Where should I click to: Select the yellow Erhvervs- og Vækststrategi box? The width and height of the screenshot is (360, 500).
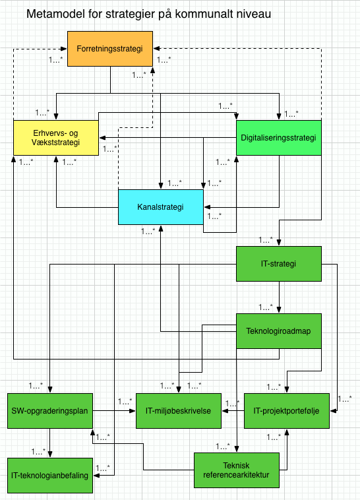56,138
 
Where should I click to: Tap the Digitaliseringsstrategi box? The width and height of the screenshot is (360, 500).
278,138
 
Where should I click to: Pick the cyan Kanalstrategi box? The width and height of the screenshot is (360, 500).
160,206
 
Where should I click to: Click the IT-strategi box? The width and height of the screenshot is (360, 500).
278,265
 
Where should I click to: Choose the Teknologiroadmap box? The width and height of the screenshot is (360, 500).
278,331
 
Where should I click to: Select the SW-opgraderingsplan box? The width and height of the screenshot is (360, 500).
50,410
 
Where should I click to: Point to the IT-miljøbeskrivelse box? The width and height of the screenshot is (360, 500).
178,410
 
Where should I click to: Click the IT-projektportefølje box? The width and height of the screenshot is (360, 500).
285,410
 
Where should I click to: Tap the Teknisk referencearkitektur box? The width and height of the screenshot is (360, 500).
236,470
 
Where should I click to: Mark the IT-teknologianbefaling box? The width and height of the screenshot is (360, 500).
50,474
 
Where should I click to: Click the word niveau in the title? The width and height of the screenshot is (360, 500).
252,14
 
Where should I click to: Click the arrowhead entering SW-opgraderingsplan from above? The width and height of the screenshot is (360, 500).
50,390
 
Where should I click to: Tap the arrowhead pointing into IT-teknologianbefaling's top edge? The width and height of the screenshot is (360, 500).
50,454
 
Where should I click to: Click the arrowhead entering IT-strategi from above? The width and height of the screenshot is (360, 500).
279,243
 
